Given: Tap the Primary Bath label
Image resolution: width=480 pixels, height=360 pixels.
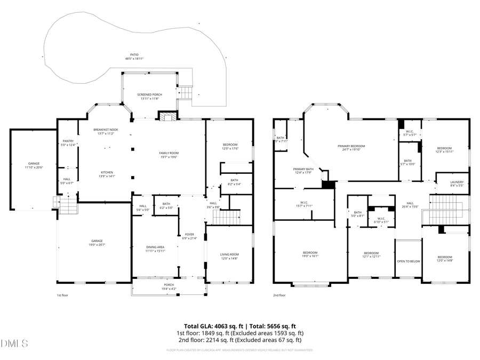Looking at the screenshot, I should point(302,170).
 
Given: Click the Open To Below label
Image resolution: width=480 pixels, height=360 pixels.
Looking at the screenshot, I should point(408,261).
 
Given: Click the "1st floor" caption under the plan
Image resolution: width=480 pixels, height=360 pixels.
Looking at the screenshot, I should point(63,295).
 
